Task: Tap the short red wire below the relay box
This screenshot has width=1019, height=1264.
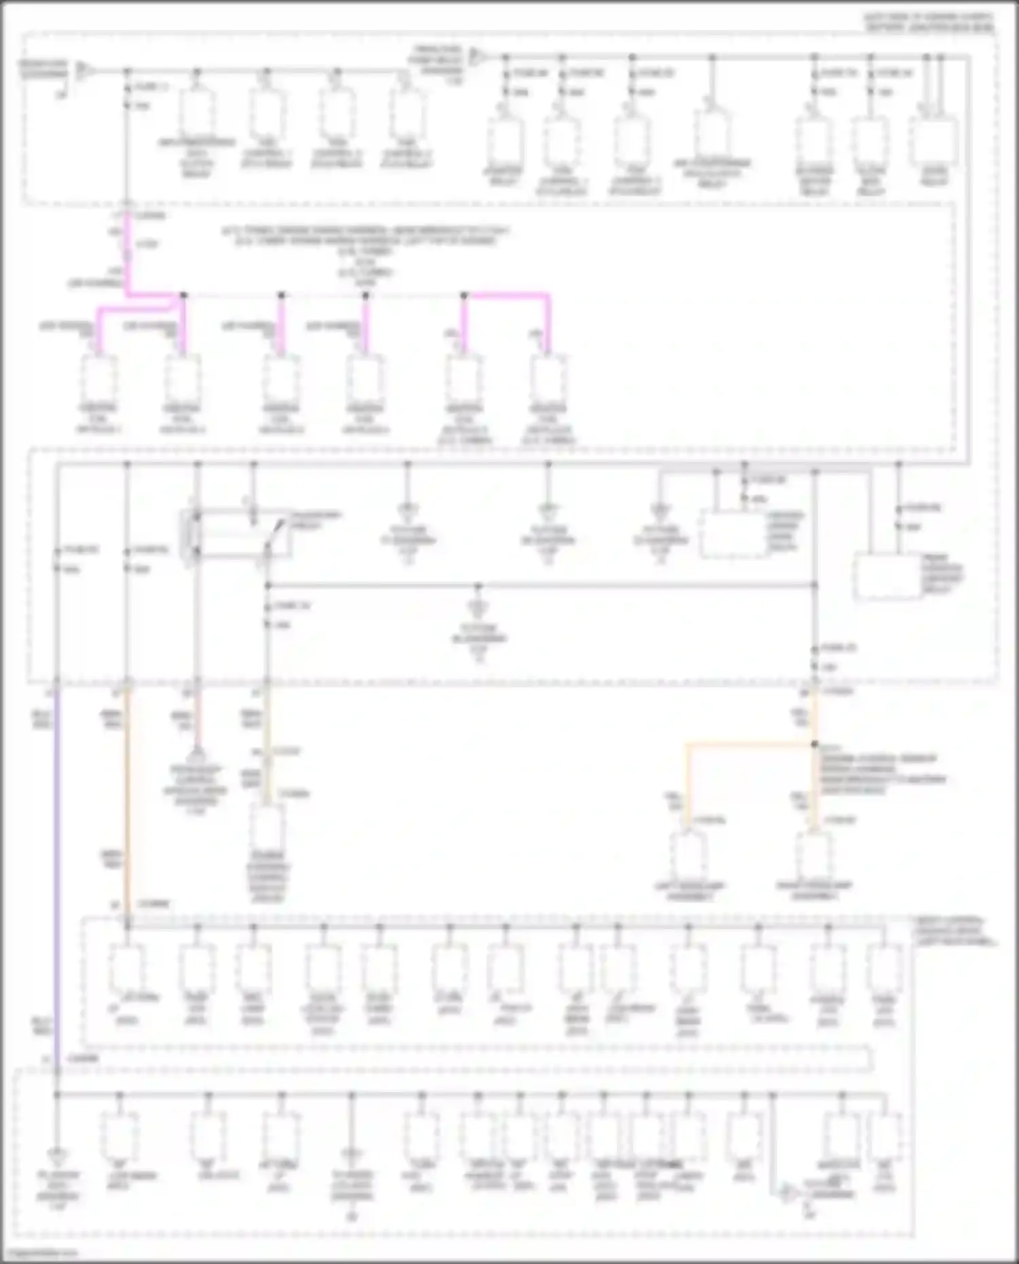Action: [x=197, y=720]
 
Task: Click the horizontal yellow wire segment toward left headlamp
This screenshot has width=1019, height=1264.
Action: [x=747, y=745]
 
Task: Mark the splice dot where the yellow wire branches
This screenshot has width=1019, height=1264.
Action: [x=815, y=744]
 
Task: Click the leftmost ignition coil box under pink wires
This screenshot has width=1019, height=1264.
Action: [x=99, y=379]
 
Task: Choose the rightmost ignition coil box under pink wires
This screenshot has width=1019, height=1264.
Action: [x=548, y=379]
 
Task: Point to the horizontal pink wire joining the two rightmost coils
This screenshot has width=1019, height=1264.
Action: [x=506, y=295]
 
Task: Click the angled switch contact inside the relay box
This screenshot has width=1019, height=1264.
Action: [x=275, y=533]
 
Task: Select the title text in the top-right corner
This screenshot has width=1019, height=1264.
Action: [x=928, y=22]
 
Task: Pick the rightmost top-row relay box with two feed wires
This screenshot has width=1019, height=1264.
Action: [x=935, y=143]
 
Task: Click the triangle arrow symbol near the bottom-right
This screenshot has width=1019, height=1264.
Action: [x=788, y=1193]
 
